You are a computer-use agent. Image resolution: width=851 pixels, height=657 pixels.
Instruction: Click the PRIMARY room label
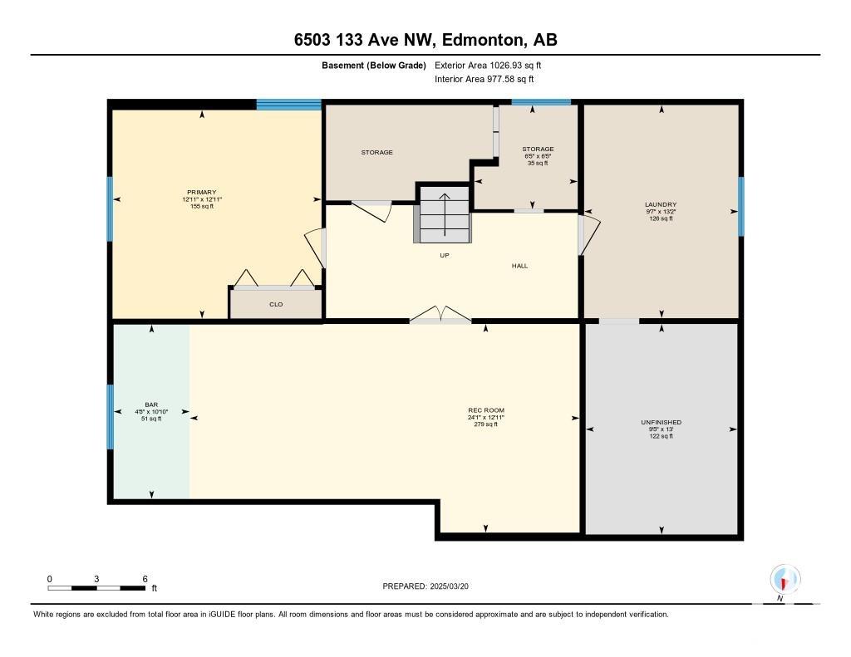click(x=202, y=192)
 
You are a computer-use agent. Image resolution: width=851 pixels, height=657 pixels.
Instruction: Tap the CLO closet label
click(x=276, y=304)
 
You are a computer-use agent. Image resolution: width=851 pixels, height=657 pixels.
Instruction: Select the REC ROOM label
click(x=485, y=410)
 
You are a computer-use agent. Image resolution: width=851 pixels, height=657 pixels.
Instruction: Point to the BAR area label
click(x=151, y=404)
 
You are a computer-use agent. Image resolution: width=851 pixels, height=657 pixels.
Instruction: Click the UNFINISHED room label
click(x=661, y=422)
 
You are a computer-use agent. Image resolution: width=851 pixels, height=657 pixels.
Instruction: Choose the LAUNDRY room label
click(x=661, y=204)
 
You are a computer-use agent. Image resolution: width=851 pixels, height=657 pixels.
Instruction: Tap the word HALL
click(x=519, y=266)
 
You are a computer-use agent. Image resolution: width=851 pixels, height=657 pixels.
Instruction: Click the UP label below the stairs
click(x=445, y=256)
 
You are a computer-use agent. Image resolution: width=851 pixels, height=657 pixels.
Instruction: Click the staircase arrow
click(x=445, y=215)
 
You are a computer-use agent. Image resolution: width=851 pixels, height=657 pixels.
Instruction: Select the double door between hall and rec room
click(x=440, y=315)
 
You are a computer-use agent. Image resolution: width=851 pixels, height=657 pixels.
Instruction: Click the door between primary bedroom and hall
click(x=317, y=248)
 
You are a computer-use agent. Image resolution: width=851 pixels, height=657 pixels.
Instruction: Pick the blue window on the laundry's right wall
click(x=740, y=207)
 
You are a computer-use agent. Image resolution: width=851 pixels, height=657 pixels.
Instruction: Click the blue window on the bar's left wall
click(x=111, y=417)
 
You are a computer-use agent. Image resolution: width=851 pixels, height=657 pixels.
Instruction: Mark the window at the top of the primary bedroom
click(x=288, y=105)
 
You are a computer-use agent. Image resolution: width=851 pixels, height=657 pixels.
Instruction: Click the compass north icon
click(x=785, y=580)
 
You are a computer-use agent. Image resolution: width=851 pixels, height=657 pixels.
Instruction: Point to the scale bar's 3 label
click(x=96, y=579)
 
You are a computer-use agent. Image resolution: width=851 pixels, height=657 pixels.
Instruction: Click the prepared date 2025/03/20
click(x=449, y=586)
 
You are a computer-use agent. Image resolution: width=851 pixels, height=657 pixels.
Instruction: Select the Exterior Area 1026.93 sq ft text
click(x=488, y=66)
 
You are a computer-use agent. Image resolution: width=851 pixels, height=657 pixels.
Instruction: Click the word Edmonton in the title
click(x=485, y=40)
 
